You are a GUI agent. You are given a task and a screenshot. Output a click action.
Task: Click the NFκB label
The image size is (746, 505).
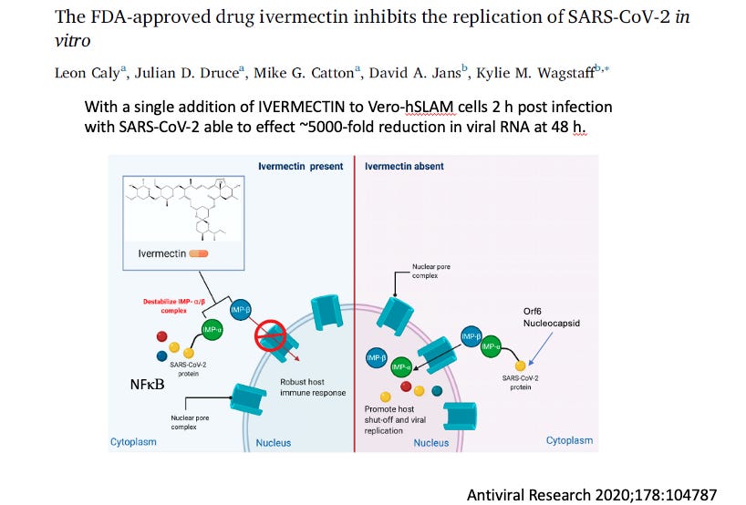click(147, 386)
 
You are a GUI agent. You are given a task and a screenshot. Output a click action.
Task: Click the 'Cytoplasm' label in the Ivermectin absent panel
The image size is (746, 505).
click(569, 440)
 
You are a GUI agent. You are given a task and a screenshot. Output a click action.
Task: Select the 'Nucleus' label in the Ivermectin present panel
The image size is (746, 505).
click(273, 443)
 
